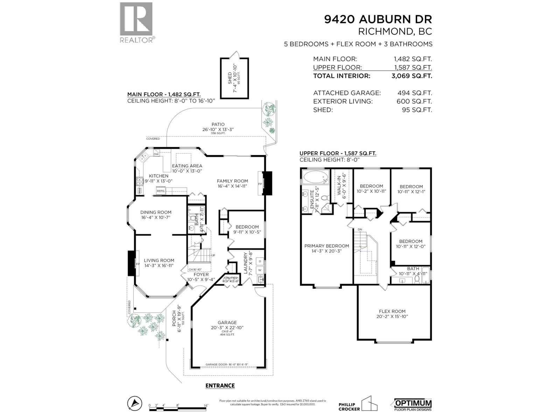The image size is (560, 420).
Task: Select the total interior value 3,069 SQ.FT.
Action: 413,76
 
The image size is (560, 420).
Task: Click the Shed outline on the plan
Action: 234,78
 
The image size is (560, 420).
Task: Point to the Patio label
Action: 218,124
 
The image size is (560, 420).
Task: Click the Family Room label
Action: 232,181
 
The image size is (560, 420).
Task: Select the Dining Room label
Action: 156,212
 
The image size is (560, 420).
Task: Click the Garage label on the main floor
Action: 227,322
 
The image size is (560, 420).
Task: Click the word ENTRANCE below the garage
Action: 220,386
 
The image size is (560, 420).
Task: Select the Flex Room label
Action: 392,311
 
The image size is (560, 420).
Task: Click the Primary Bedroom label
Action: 327,246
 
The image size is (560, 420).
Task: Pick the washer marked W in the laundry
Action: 260,270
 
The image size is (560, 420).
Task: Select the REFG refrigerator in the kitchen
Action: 161,191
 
